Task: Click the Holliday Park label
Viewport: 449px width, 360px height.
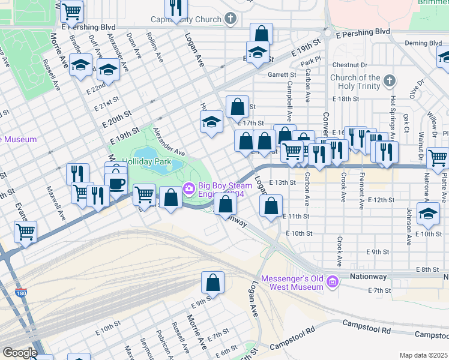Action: click(x=147, y=161)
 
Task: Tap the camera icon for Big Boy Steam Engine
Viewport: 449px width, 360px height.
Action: click(x=189, y=189)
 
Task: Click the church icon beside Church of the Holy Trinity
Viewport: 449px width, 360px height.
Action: click(x=390, y=80)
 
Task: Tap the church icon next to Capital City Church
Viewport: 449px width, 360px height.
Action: click(x=230, y=19)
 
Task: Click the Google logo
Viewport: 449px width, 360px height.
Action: click(x=20, y=353)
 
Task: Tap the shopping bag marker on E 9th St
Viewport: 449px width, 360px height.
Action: click(x=212, y=282)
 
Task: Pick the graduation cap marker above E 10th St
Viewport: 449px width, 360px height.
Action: click(x=428, y=214)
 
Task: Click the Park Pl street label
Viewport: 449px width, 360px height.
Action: click(x=308, y=61)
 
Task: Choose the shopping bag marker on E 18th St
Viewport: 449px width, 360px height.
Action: click(x=238, y=107)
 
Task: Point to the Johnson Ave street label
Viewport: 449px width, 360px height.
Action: click(x=409, y=222)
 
